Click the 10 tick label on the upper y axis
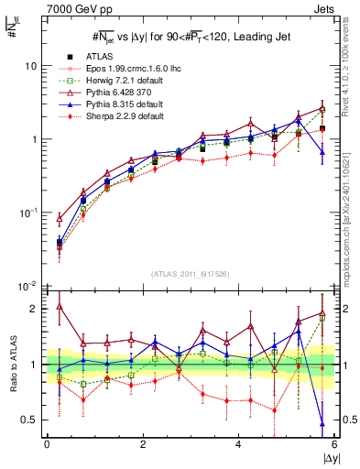31,66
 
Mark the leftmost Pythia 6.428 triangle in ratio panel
60,306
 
